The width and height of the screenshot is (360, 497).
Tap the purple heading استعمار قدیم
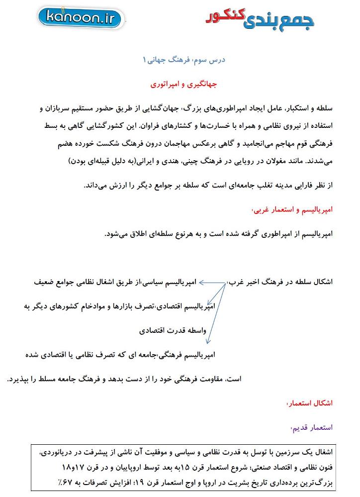(311, 427)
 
